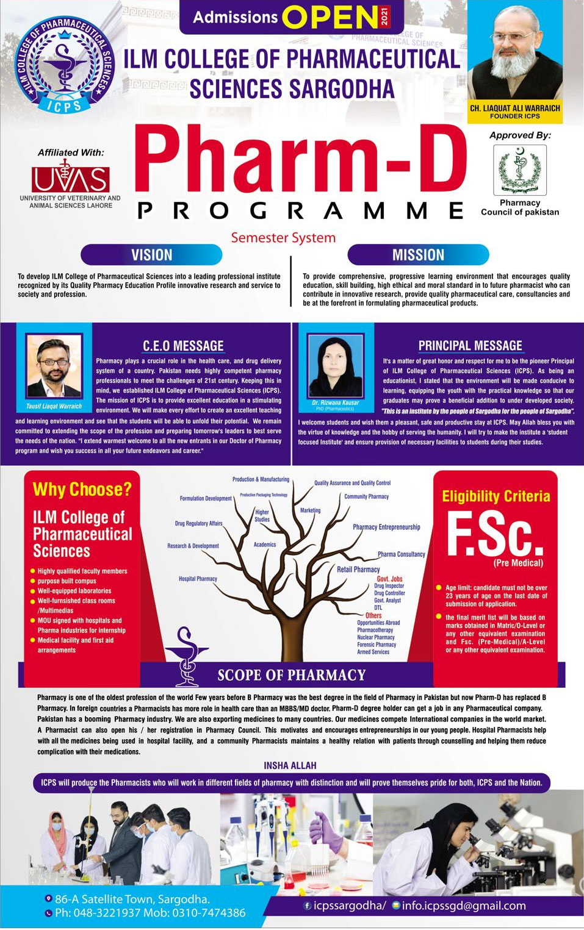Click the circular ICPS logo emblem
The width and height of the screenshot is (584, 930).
pos(65,64)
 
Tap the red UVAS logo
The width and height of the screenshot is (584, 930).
pos(71,178)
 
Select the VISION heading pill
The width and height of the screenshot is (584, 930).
pos(151,255)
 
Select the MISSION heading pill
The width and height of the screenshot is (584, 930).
pos(418,255)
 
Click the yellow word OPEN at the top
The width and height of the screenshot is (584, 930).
pos(330,18)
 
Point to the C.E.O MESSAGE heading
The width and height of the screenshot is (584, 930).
pos(183,346)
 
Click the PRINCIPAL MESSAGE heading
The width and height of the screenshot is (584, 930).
pos(470,346)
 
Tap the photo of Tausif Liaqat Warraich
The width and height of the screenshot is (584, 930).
pos(54,367)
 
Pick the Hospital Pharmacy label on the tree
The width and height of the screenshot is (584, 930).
pos(198,579)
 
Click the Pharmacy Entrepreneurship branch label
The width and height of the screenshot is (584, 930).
pos(386,527)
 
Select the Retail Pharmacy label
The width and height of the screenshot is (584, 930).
pos(358,570)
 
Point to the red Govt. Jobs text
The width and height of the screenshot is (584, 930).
pos(389,579)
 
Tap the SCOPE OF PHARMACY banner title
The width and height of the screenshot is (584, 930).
pos(292,675)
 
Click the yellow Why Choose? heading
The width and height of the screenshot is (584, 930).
pos(82,489)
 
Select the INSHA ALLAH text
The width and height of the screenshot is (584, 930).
pos(290,765)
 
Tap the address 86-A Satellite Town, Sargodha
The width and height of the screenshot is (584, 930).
pos(132,899)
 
